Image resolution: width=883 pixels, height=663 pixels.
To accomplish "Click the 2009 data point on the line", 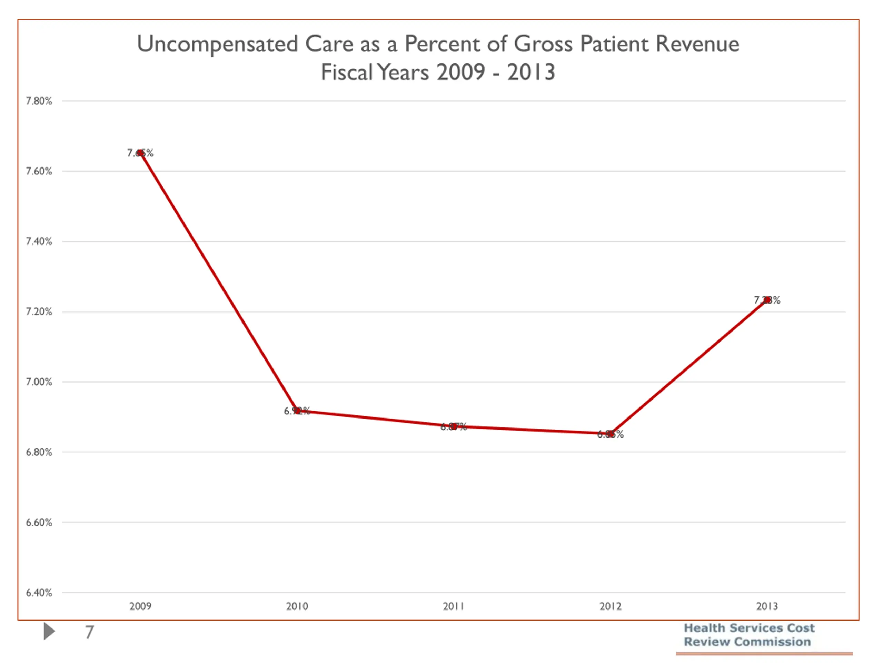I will [140, 153].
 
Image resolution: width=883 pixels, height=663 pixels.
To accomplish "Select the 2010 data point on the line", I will [297, 411].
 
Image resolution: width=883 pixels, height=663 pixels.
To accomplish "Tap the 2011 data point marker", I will [454, 426].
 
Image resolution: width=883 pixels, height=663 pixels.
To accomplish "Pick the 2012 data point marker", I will [611, 434].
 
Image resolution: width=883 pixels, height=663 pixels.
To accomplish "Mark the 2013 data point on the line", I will [767, 300].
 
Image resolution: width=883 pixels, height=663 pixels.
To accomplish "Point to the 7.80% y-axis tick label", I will [39, 101].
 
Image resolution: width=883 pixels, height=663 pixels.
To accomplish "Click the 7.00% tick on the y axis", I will [39, 382].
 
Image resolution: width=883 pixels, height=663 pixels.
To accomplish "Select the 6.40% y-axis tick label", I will [39, 593].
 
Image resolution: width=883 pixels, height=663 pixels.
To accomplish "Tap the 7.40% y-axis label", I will [39, 241].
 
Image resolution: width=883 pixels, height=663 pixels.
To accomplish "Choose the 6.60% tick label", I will [39, 522].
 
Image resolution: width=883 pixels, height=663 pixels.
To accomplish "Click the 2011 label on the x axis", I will [454, 606].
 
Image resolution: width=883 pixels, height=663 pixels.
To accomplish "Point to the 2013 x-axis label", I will [767, 606].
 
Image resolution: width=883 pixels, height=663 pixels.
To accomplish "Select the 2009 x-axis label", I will [140, 606].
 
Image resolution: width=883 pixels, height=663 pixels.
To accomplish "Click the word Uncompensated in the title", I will [218, 44].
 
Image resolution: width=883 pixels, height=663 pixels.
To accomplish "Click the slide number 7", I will [89, 632].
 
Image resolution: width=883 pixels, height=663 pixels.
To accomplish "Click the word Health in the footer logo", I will [705, 628].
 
